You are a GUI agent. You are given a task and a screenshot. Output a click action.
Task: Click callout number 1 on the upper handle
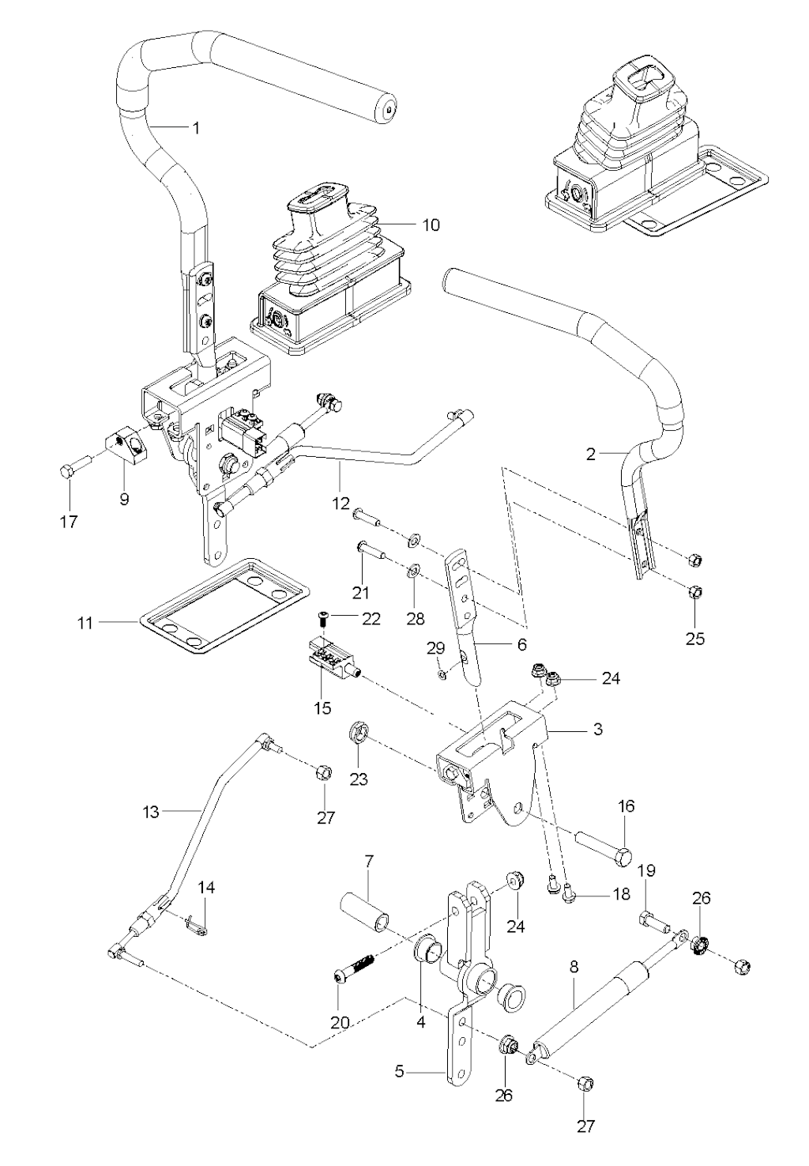click(197, 126)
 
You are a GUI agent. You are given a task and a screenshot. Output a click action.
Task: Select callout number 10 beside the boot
click(431, 225)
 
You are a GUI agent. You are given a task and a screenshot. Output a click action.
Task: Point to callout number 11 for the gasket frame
click(85, 623)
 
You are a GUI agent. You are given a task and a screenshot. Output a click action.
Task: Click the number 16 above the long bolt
click(626, 806)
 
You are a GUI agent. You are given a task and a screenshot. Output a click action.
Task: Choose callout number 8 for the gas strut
click(574, 965)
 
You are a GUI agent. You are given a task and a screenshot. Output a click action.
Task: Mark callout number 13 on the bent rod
click(152, 811)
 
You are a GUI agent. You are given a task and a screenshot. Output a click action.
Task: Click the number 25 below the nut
click(695, 638)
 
